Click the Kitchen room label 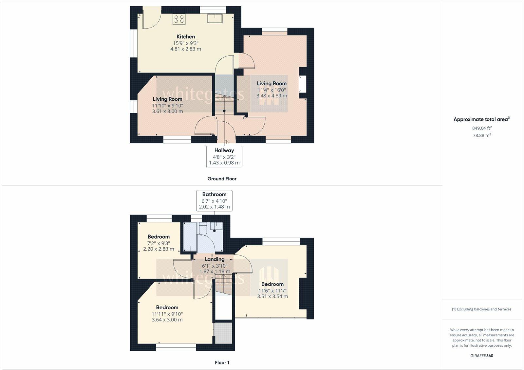click(x=185, y=36)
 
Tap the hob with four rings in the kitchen click(x=179, y=19)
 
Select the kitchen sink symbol click(x=215, y=18)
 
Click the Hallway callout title click(x=224, y=151)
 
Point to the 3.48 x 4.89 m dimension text click(x=271, y=95)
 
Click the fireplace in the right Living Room click(x=303, y=84)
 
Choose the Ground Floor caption click(x=222, y=179)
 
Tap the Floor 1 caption click(x=222, y=362)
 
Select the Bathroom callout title click(x=214, y=195)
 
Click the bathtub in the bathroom click(x=190, y=237)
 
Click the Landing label click(x=215, y=259)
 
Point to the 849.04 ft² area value click(x=482, y=128)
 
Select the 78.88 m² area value click(x=482, y=135)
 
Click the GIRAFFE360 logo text click(x=482, y=356)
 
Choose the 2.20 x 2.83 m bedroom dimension click(x=159, y=249)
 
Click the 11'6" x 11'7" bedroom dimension click(x=272, y=291)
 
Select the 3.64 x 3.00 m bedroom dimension click(x=167, y=319)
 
